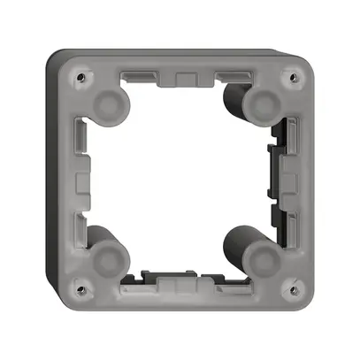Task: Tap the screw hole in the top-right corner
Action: pos(286,76)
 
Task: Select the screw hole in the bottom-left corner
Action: pos(81,285)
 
